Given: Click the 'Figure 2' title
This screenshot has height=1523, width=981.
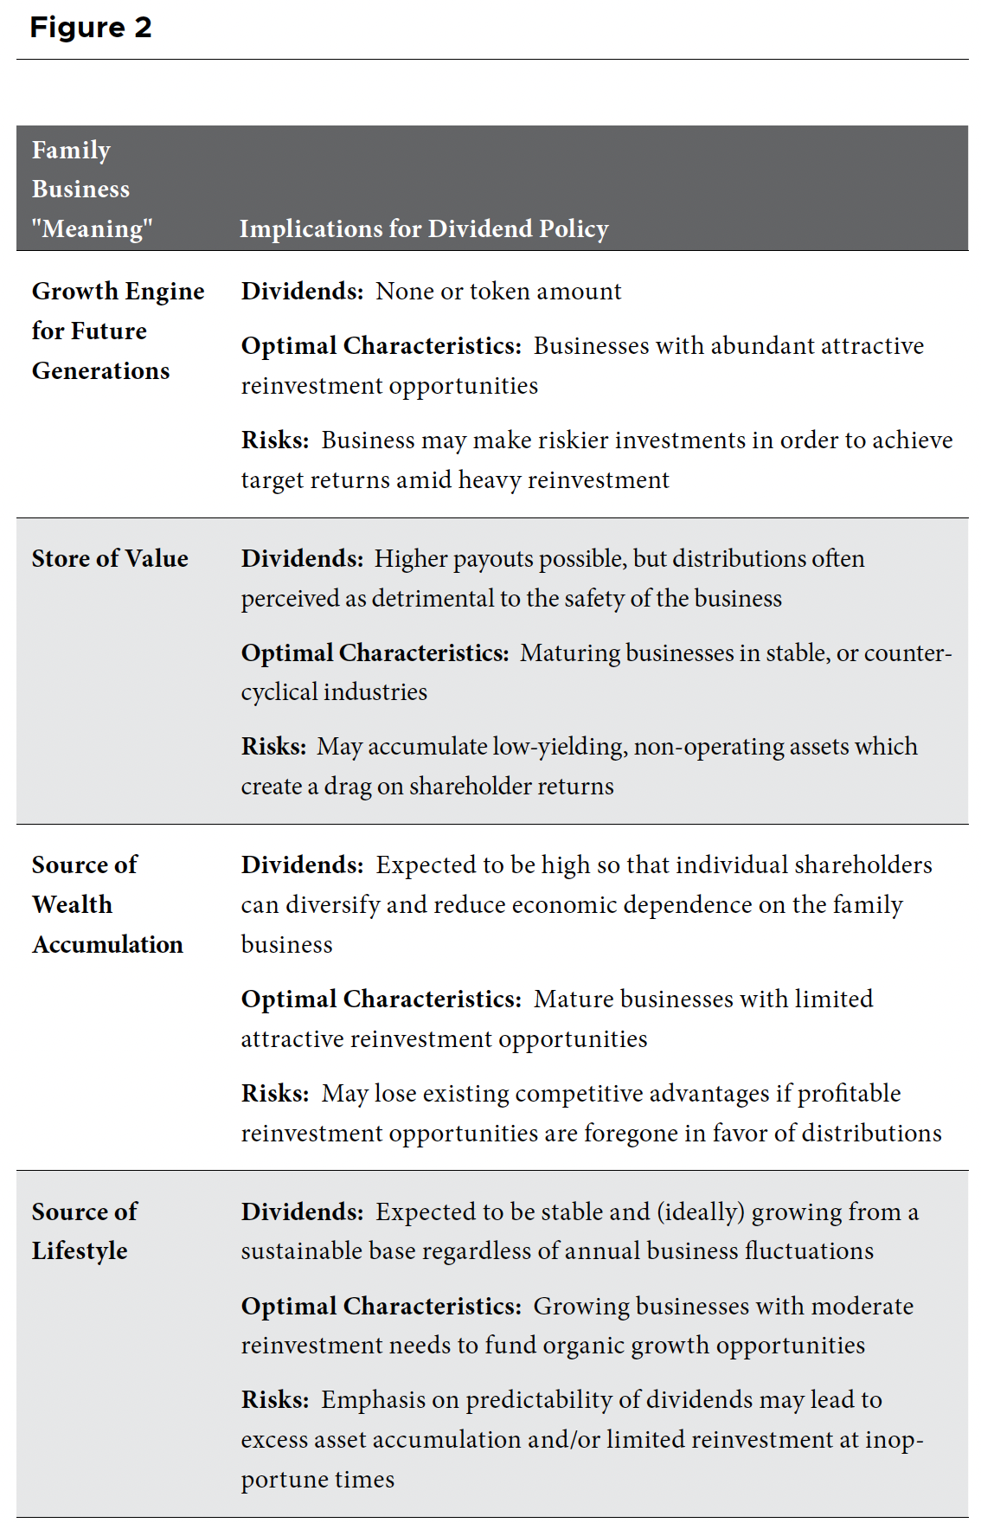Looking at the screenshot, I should [x=91, y=28].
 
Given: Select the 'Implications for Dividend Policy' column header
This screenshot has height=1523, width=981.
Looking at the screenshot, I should [x=424, y=228].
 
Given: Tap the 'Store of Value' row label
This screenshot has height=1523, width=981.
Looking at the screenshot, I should [x=110, y=559].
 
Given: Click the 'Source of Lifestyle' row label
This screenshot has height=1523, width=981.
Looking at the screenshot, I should [x=84, y=1231].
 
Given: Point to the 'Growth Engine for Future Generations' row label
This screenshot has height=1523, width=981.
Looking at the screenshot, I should [x=118, y=331].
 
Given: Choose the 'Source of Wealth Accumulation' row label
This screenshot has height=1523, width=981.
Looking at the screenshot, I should [x=107, y=904].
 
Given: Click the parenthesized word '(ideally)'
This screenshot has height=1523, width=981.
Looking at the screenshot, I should [x=700, y=1212].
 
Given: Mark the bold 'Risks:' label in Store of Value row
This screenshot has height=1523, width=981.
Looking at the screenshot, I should [x=274, y=747].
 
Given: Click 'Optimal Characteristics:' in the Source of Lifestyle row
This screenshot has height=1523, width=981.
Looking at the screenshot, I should [x=381, y=1306].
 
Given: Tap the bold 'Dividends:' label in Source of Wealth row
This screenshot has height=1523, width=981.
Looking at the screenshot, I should [x=302, y=865].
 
